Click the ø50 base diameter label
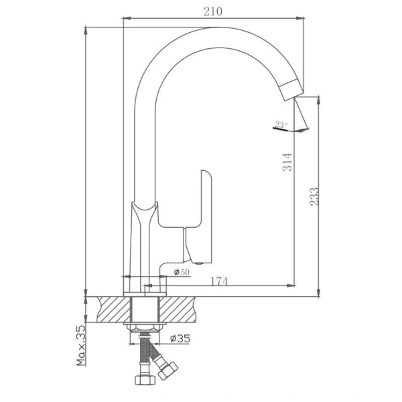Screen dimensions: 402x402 pos(181,272)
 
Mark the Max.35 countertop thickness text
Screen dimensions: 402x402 pos(82,346)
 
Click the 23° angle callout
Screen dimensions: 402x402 pos(279,124)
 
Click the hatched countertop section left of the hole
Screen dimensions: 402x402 pos(113,310)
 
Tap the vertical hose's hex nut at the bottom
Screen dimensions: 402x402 pos(143,380)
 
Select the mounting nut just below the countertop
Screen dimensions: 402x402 pos(143,328)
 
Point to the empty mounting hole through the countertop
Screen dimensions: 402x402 pos(143,310)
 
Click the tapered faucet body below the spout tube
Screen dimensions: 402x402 pos(143,241)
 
